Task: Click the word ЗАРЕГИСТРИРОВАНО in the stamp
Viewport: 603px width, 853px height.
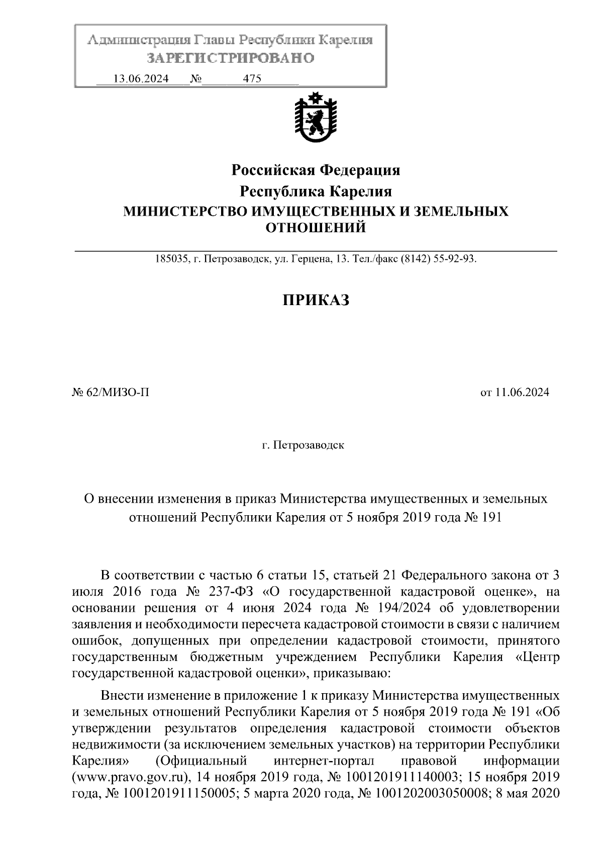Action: pyautogui.click(x=231, y=58)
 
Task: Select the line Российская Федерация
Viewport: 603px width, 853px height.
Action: pyautogui.click(x=316, y=170)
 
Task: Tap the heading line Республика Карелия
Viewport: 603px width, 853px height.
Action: pyautogui.click(x=316, y=192)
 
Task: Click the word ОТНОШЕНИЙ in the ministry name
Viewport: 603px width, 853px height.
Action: pyautogui.click(x=316, y=228)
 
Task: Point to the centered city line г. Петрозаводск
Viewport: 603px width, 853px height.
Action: pyautogui.click(x=303, y=445)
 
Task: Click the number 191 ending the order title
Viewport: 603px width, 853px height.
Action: pyautogui.click(x=491, y=518)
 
